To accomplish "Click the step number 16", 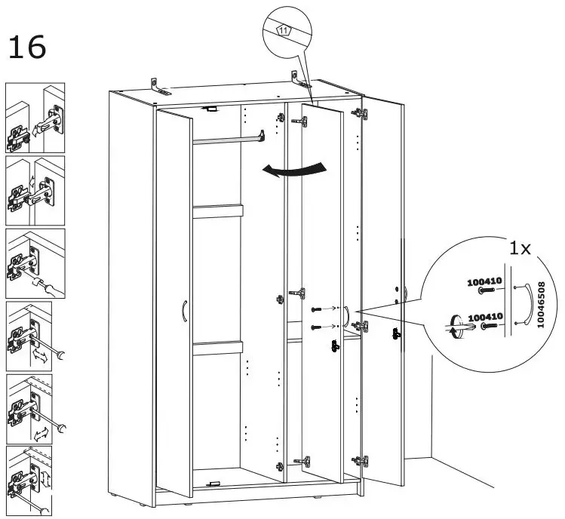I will tap(27, 47).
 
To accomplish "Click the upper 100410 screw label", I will tap(482, 282).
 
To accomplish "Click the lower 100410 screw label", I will tap(482, 318).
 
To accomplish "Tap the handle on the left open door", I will tap(183, 310).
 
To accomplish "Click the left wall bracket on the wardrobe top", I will tap(158, 86).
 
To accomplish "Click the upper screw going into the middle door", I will tap(318, 310).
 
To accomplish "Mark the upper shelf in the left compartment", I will tap(217, 210).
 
